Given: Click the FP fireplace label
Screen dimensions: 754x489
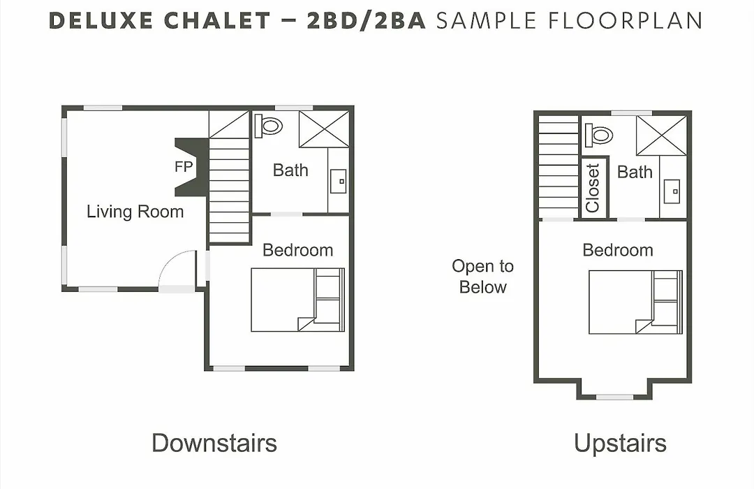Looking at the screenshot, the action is pos(184,166).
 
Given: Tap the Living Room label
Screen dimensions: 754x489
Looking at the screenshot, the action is pos(135,211).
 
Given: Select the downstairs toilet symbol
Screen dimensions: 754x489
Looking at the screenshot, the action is pos(268,126).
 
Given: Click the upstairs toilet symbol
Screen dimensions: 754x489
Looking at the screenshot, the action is pos(599,135).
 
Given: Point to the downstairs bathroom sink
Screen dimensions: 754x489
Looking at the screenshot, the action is pos(339,181).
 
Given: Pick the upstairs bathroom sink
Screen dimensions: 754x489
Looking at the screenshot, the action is pos(672,191).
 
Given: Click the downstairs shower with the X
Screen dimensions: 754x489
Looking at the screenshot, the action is pos(324,129).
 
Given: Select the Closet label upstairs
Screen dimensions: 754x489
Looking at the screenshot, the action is pos(593,188).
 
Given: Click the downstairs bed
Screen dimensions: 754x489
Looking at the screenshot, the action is pos(298,300).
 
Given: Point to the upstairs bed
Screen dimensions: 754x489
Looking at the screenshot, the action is pos(636,302).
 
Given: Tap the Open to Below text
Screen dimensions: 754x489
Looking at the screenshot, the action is pos(483,276).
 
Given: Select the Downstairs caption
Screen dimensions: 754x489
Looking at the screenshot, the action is pos(214,443).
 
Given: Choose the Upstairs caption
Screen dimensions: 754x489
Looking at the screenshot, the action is pos(621,443).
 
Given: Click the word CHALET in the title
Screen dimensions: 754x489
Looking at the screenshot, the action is pos(217,21).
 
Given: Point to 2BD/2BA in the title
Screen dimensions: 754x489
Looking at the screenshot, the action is pos(367,21).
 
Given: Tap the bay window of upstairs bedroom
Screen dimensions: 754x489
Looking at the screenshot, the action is pos(614,397).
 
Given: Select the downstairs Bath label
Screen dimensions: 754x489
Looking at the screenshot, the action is pos(290,170).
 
